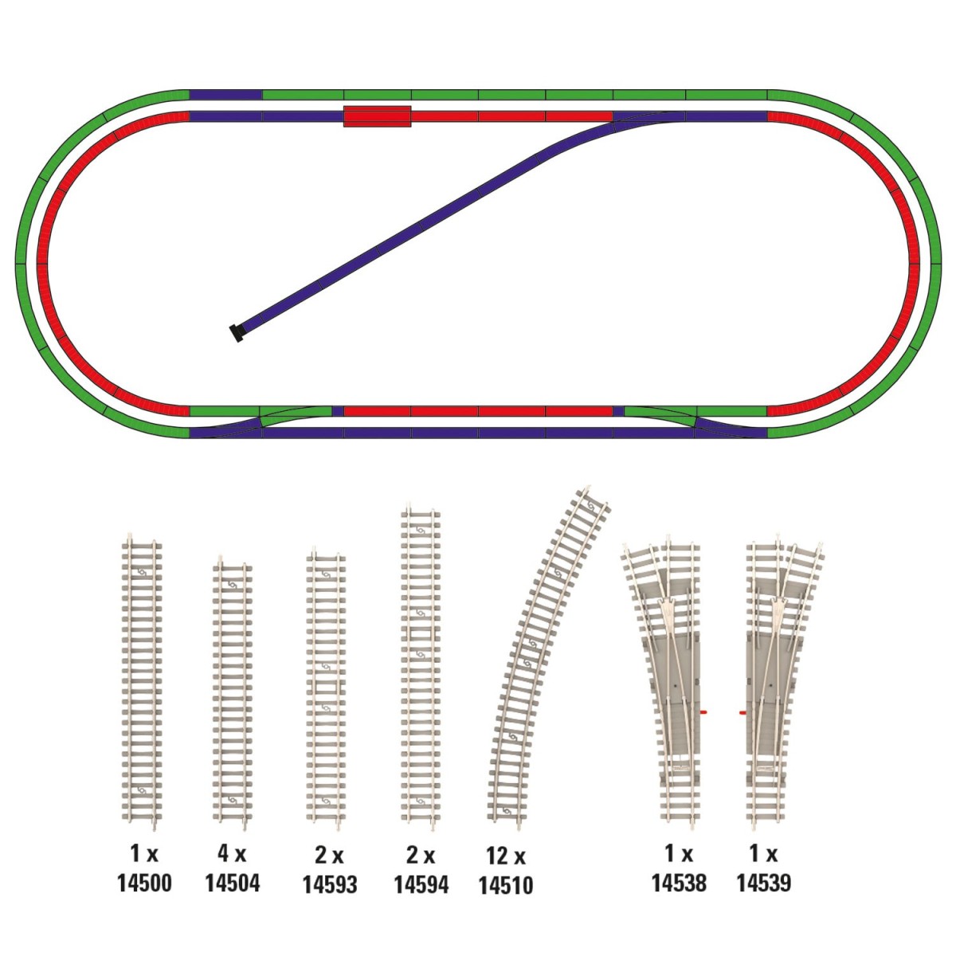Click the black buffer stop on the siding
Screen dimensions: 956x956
[x=236, y=332]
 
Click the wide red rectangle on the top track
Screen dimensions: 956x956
[x=377, y=116]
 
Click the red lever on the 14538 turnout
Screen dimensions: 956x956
[x=703, y=712]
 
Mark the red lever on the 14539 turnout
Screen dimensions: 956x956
[x=743, y=713]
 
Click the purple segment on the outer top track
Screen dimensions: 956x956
[x=225, y=95]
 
